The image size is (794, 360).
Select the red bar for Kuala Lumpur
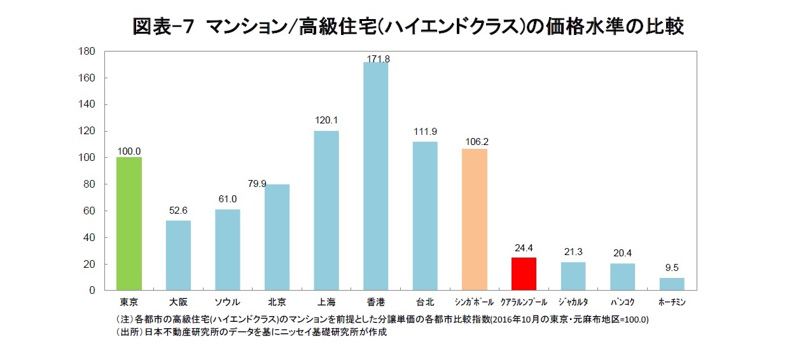(x=524, y=274)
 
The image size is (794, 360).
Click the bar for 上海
(x=326, y=211)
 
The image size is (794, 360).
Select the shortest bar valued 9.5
(x=672, y=284)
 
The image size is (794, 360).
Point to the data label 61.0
(x=227, y=199)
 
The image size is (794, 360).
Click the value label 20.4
(x=622, y=253)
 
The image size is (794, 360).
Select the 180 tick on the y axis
(x=87, y=51)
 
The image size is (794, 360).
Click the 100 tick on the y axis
(x=87, y=158)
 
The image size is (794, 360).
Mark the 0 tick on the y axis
(x=92, y=291)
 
